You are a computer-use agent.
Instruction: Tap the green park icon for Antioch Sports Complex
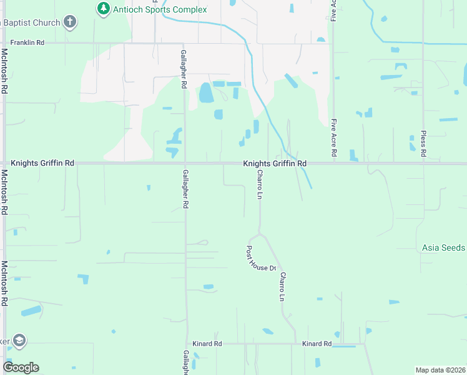click(103, 9)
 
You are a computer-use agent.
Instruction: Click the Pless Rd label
click(423, 145)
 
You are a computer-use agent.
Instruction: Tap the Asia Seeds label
click(443, 247)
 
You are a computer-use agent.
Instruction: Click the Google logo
click(21, 367)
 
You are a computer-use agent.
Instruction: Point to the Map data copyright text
click(440, 370)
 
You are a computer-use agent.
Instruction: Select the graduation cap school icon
click(19, 341)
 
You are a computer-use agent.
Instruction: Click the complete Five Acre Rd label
click(334, 138)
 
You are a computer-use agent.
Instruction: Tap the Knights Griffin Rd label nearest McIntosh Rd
click(42, 163)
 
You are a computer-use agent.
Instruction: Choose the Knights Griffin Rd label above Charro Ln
click(275, 164)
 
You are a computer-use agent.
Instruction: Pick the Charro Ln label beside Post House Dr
click(282, 287)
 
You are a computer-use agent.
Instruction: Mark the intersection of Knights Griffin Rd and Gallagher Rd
click(185, 164)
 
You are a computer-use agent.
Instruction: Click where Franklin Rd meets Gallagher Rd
click(184, 44)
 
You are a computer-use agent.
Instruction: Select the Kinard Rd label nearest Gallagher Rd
click(209, 344)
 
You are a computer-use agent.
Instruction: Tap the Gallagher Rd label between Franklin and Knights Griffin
click(184, 69)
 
